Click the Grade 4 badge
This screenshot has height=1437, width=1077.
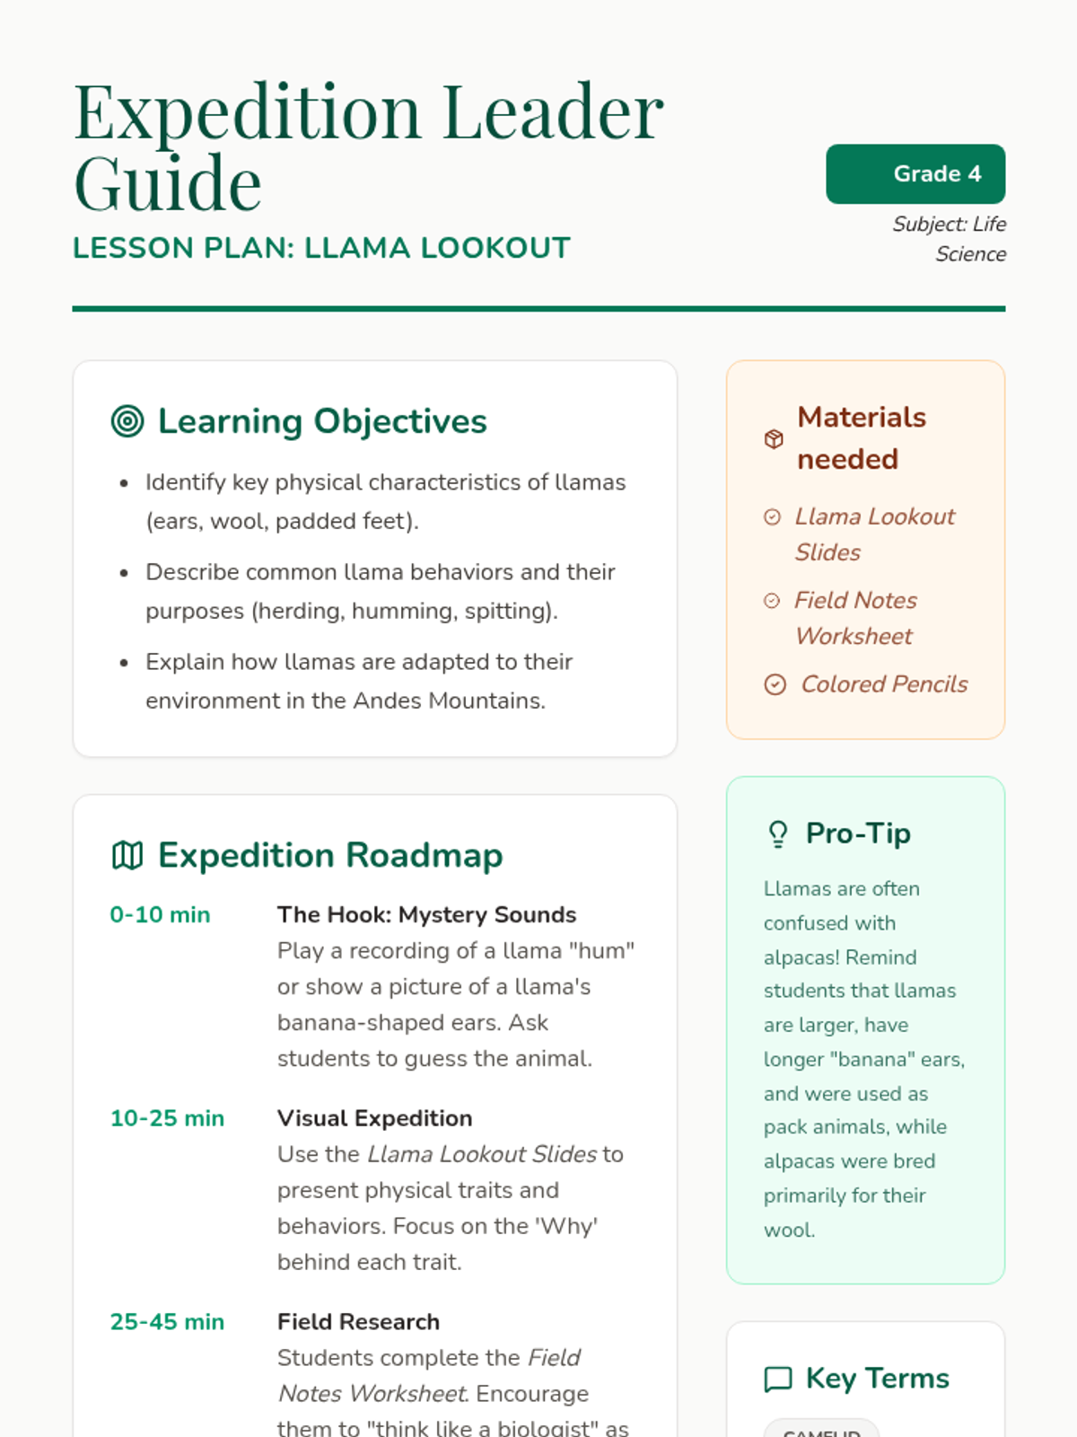click(x=915, y=173)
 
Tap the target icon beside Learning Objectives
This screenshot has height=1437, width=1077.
click(x=127, y=421)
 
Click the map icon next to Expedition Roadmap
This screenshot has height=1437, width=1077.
click(x=127, y=855)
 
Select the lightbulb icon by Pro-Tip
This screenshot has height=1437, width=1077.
click(x=778, y=834)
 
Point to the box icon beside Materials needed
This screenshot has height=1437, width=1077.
click(x=774, y=439)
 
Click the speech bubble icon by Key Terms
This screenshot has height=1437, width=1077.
click(x=778, y=1379)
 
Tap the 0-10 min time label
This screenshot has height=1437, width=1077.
click(x=160, y=914)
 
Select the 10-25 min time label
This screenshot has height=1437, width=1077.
click(x=167, y=1118)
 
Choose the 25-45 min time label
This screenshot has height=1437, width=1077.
click(x=167, y=1322)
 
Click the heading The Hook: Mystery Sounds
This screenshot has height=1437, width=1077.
click(x=426, y=914)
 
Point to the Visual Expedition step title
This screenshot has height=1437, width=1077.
click(x=374, y=1118)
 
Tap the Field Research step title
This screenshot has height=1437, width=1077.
click(x=358, y=1322)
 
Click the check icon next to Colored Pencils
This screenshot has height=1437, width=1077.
click(x=775, y=684)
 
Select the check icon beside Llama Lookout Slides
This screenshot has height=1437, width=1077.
click(x=772, y=516)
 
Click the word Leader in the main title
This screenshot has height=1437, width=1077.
click(x=553, y=112)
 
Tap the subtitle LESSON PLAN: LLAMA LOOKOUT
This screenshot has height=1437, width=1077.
click(x=321, y=248)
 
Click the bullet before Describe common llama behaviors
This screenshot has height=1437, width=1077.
click(x=124, y=573)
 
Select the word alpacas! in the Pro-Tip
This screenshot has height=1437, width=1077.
click(x=795, y=957)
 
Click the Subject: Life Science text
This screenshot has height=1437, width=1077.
click(x=950, y=239)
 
